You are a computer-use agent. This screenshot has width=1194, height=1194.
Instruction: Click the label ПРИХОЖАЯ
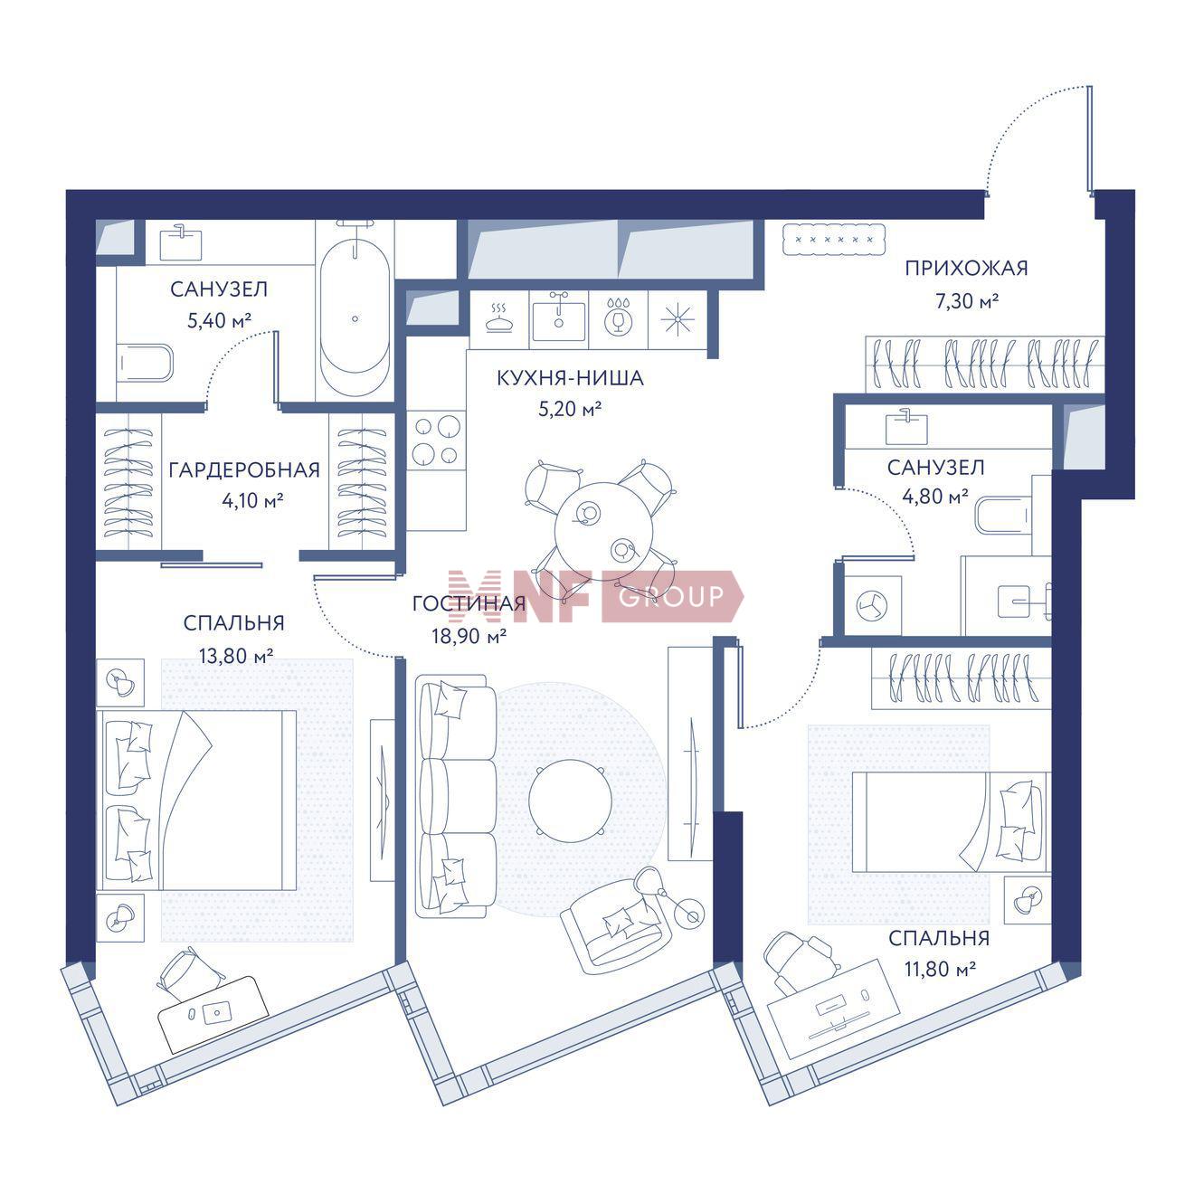pyautogui.click(x=966, y=269)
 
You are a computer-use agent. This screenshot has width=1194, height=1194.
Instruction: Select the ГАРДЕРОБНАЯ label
pyautogui.click(x=244, y=470)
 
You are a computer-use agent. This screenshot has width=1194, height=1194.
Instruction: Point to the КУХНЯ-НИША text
pyautogui.click(x=570, y=378)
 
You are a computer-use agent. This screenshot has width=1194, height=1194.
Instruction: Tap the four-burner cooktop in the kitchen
pyautogui.click(x=437, y=440)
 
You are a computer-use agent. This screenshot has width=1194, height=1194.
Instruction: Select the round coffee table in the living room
pyautogui.click(x=570, y=800)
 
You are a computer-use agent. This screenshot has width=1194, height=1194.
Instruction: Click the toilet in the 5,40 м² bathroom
pyautogui.click(x=145, y=364)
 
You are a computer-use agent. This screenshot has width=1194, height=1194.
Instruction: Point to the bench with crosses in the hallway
pyautogui.click(x=834, y=239)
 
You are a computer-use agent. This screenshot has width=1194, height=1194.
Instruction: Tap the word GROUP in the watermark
pyautogui.click(x=671, y=596)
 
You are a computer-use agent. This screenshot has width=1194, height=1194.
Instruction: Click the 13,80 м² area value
pyautogui.click(x=236, y=655)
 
